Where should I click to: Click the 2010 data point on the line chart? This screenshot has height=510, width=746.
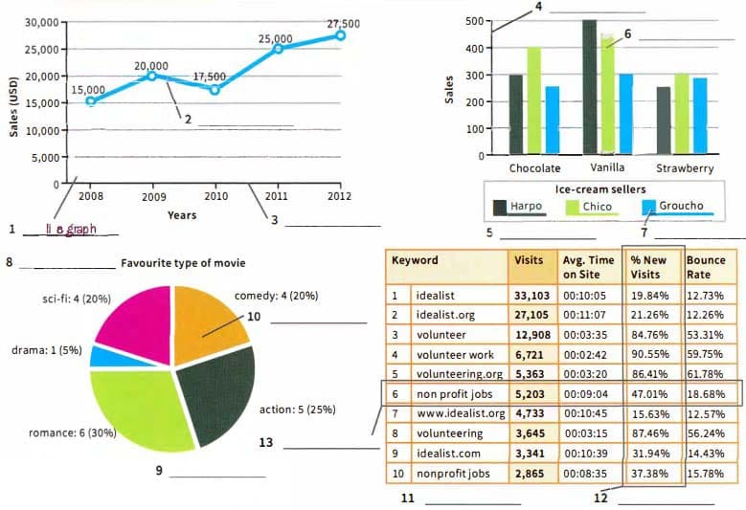215,89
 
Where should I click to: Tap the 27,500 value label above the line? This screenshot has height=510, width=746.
343,23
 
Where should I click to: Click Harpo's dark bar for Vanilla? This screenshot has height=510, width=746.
589,87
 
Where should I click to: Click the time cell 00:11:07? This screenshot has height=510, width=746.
588,315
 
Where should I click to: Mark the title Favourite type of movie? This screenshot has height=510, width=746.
183,262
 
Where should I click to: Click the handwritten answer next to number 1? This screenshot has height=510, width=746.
71,229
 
